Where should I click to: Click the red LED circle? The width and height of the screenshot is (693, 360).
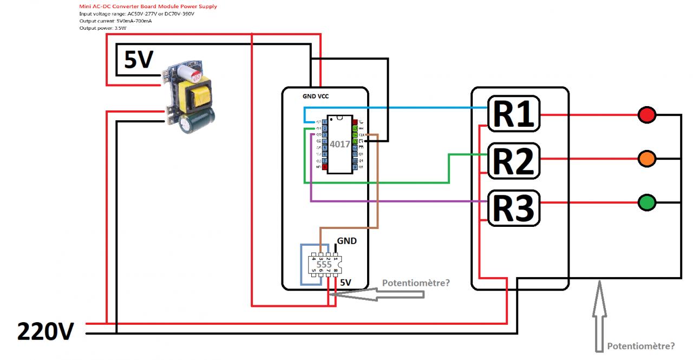click(647, 115)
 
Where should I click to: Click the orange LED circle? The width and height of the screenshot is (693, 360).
click(647, 159)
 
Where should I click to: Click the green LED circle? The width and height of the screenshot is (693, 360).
click(647, 203)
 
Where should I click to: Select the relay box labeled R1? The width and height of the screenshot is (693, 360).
click(514, 114)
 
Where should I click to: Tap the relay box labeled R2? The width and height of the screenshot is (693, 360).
click(514, 161)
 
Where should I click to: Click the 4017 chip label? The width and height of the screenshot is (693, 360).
click(340, 145)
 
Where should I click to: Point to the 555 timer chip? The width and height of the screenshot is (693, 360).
click(325, 265)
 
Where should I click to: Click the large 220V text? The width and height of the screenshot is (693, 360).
click(45, 331)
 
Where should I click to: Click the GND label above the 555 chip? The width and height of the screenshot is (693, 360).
click(347, 241)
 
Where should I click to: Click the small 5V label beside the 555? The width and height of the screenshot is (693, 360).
click(345, 283)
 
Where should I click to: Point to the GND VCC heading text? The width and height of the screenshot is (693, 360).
click(316, 96)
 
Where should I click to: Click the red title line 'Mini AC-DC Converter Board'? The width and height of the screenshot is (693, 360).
click(148, 6)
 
